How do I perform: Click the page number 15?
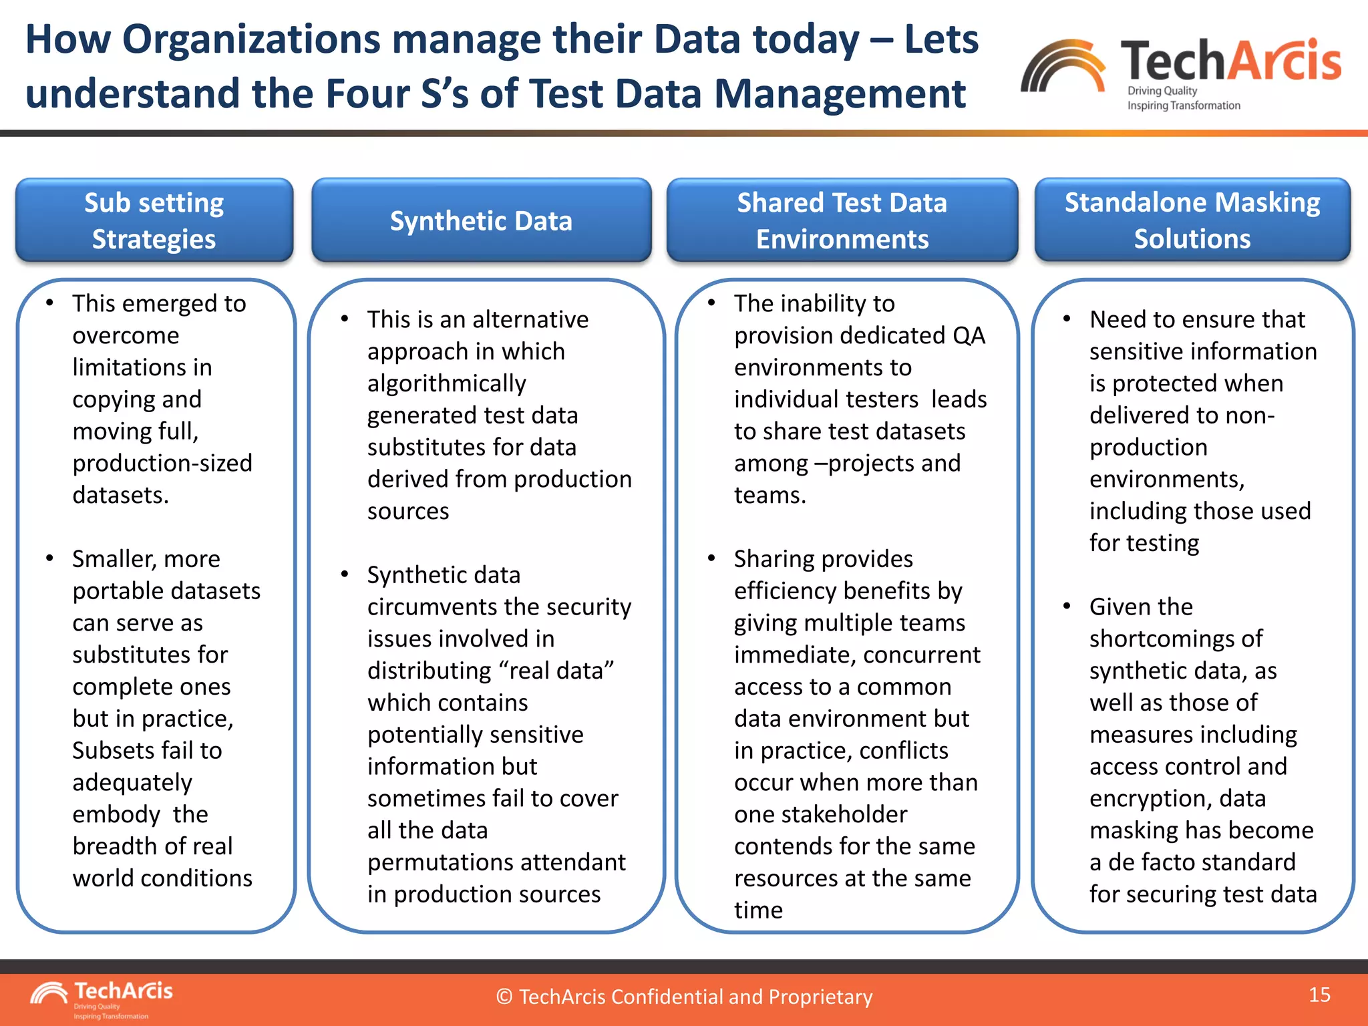(x=1319, y=995)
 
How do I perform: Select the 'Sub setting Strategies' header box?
(x=154, y=220)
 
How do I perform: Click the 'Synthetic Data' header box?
(x=481, y=220)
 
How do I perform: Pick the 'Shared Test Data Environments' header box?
(x=842, y=220)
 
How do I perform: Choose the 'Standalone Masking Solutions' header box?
(x=1192, y=220)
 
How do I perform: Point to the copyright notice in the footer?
(x=684, y=997)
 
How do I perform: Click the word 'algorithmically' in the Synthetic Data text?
(x=446, y=383)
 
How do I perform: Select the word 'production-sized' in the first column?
(x=162, y=463)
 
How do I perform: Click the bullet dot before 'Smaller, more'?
(x=49, y=558)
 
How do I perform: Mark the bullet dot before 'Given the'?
(x=1067, y=606)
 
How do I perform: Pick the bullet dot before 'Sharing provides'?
(x=711, y=558)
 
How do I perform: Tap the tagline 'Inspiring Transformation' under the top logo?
(x=1184, y=106)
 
